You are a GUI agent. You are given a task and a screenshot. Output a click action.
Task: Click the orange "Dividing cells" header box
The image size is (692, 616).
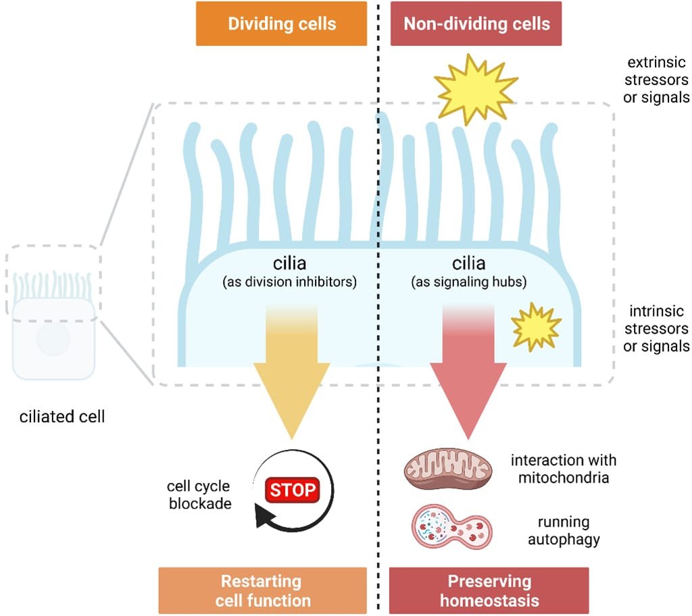[x=281, y=24]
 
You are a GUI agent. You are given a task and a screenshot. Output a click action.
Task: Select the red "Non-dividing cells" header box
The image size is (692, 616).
[x=476, y=24]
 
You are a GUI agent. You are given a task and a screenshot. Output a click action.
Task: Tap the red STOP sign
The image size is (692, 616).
[x=294, y=489]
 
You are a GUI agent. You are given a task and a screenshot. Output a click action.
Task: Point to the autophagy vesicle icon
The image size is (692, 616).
[x=451, y=525]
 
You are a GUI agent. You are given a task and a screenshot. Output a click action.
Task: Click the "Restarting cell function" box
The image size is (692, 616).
[x=262, y=590]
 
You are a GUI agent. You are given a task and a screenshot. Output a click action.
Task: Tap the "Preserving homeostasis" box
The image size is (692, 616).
[x=489, y=590]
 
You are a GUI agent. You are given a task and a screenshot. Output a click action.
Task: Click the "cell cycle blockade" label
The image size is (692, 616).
[x=199, y=494]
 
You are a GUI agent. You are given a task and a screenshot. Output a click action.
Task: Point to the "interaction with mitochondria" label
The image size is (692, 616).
[x=564, y=469]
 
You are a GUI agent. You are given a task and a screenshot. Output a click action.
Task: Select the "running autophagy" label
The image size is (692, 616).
[x=564, y=531]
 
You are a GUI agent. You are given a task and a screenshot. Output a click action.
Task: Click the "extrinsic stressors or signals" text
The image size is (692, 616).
[x=658, y=80]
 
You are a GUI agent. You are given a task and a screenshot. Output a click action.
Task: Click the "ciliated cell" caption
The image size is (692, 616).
[x=61, y=416]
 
